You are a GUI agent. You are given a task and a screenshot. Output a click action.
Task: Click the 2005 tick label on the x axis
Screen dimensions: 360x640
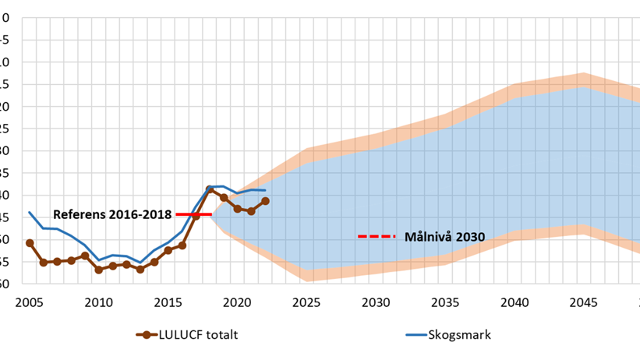(x=29, y=302)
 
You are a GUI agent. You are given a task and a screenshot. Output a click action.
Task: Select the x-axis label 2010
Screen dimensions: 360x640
(x=98, y=302)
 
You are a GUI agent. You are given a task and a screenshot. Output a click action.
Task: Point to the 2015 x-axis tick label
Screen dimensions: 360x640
(x=168, y=302)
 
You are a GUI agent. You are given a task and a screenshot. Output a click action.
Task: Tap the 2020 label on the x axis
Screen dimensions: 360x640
(x=237, y=302)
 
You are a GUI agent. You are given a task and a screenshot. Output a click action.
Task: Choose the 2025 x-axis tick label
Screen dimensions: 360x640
(x=306, y=302)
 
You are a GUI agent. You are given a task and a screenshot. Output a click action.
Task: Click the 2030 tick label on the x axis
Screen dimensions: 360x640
(x=376, y=302)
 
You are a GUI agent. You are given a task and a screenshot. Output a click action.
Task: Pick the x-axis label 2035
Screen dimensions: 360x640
(x=445, y=302)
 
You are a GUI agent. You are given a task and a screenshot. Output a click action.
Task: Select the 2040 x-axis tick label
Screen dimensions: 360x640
(x=514, y=302)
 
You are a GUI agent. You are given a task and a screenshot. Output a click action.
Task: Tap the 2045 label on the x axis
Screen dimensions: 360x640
(x=584, y=302)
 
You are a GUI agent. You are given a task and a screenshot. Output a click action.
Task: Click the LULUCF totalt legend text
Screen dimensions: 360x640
(x=199, y=335)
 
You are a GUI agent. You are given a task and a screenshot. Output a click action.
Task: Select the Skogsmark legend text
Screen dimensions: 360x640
(x=460, y=335)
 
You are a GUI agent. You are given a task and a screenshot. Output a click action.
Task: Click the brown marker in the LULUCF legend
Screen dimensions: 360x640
(x=146, y=335)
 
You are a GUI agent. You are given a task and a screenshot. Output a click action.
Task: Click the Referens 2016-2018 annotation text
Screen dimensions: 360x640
(x=112, y=214)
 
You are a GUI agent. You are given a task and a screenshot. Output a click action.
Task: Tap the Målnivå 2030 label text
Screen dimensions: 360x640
(x=444, y=236)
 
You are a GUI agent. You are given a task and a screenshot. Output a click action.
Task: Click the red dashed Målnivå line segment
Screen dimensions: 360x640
(x=377, y=236)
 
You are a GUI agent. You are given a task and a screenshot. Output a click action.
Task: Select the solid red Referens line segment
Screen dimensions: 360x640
(x=193, y=214)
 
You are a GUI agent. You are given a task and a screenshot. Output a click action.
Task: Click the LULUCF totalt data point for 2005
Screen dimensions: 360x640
(x=30, y=243)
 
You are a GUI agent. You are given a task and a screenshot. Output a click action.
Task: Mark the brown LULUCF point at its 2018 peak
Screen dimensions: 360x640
(x=210, y=189)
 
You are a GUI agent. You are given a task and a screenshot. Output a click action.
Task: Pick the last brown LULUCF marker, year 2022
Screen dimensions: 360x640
(x=265, y=201)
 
